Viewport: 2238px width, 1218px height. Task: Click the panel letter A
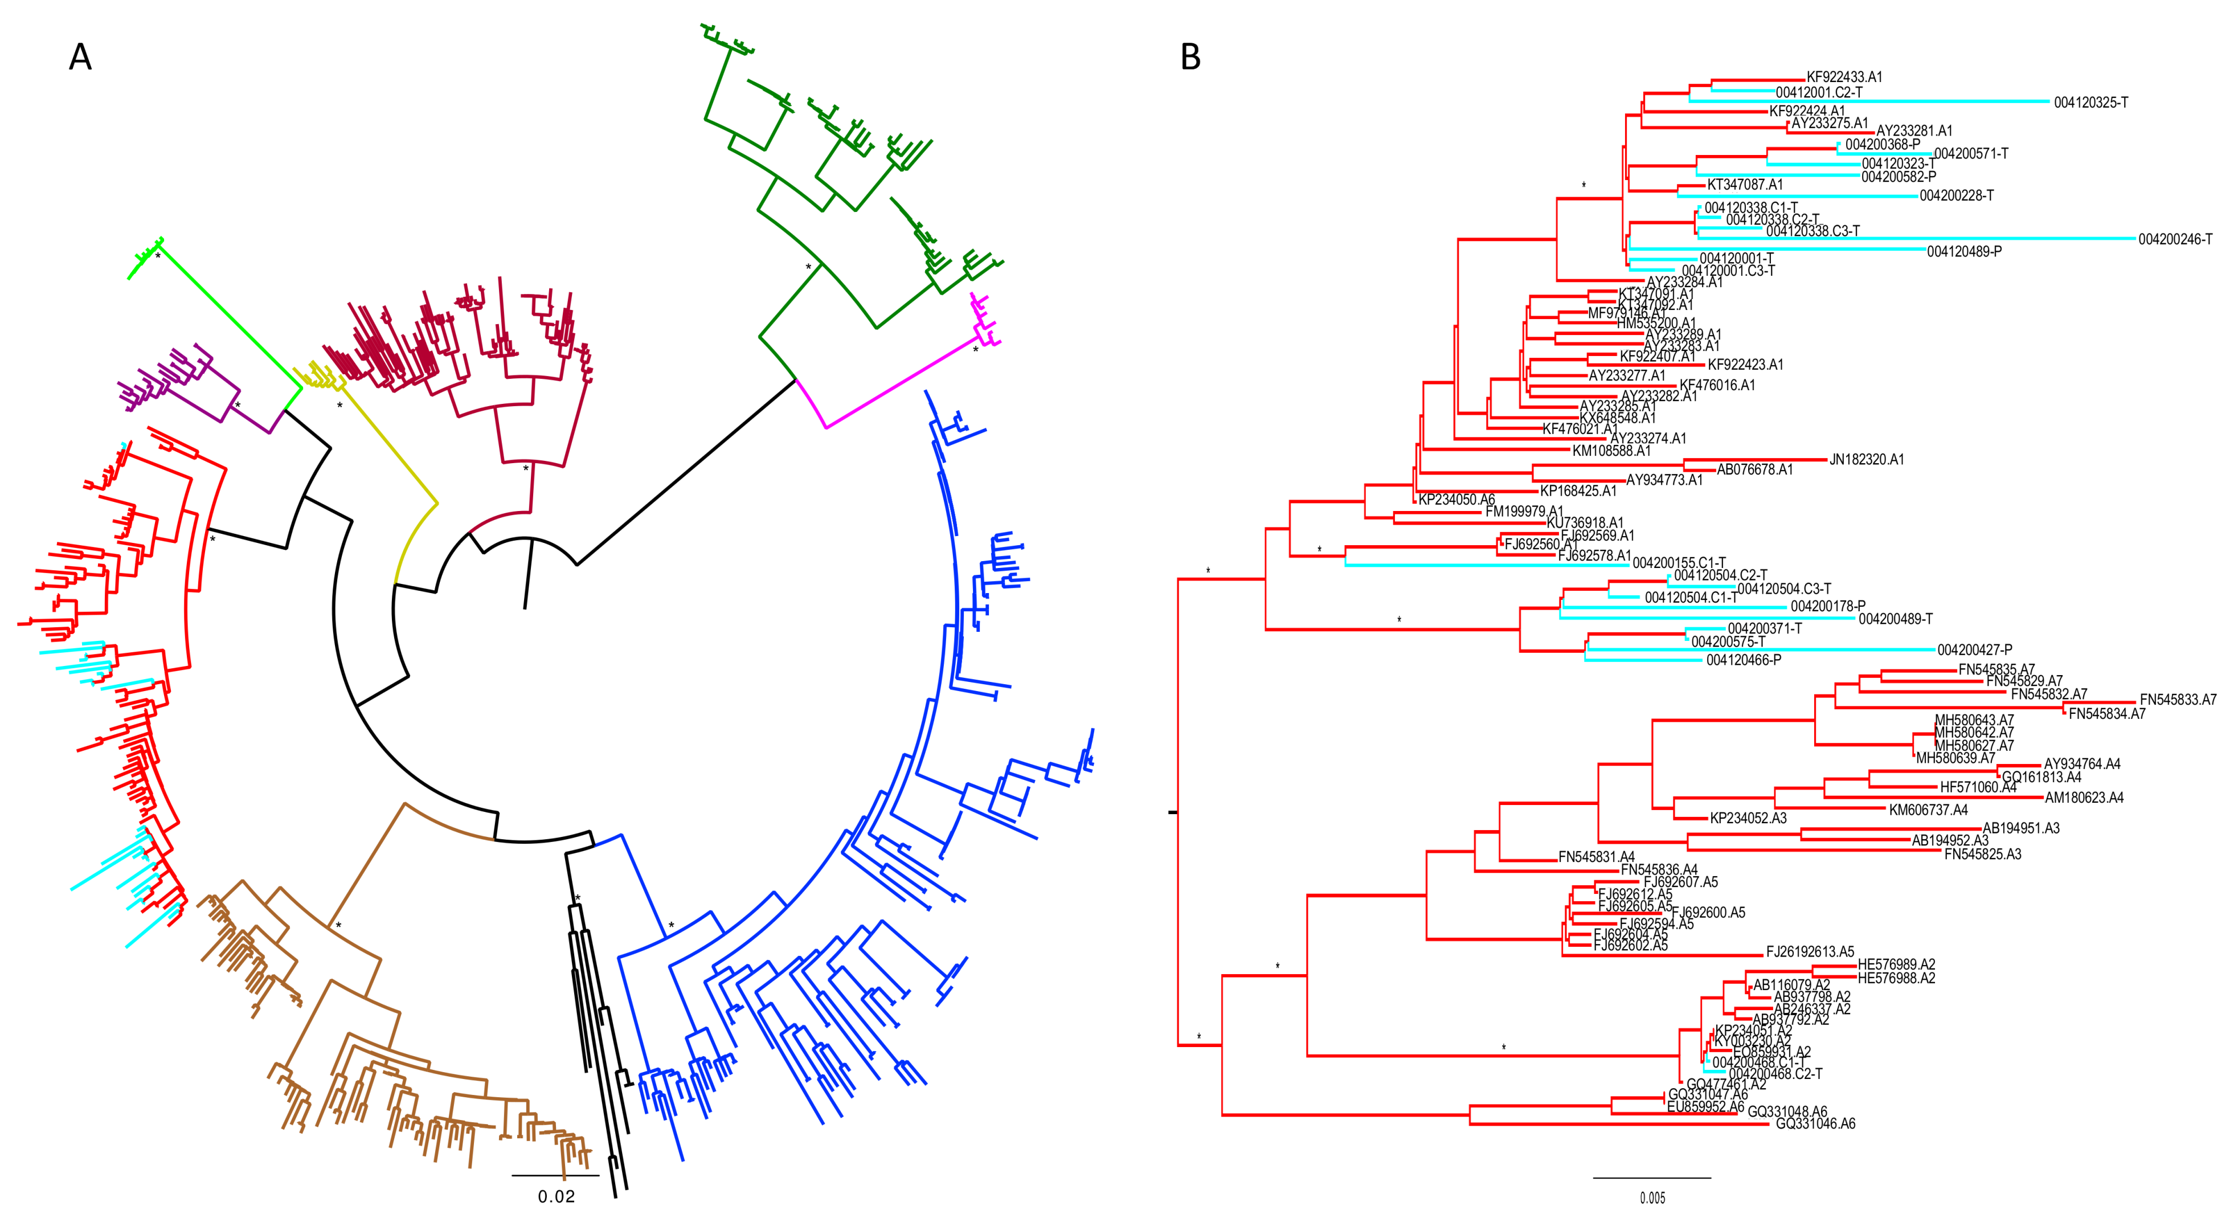(x=80, y=58)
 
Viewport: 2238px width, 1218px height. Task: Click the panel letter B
(x=1190, y=58)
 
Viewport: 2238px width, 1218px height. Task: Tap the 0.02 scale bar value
(x=556, y=1196)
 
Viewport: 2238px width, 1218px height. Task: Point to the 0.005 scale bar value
(x=1652, y=1198)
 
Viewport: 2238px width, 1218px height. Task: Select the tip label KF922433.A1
(x=1844, y=76)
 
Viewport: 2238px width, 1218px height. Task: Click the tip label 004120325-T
(x=2090, y=103)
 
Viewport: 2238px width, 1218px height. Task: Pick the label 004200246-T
(x=2175, y=239)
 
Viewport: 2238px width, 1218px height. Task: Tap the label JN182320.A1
(x=1866, y=460)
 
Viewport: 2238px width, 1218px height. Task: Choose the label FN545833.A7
(x=2177, y=700)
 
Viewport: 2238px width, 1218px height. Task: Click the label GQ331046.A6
(x=1815, y=1123)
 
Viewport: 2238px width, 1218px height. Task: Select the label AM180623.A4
(x=2084, y=798)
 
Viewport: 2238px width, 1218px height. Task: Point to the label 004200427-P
(x=1974, y=650)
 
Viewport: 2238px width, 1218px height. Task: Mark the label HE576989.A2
(x=1896, y=964)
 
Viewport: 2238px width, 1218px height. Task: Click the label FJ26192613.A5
(x=1810, y=951)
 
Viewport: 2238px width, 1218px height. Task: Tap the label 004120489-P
(x=1963, y=251)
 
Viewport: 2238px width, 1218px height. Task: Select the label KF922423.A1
(x=1745, y=365)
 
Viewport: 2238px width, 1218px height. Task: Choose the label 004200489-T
(x=1895, y=619)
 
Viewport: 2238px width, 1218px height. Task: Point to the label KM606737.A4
(x=1928, y=810)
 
